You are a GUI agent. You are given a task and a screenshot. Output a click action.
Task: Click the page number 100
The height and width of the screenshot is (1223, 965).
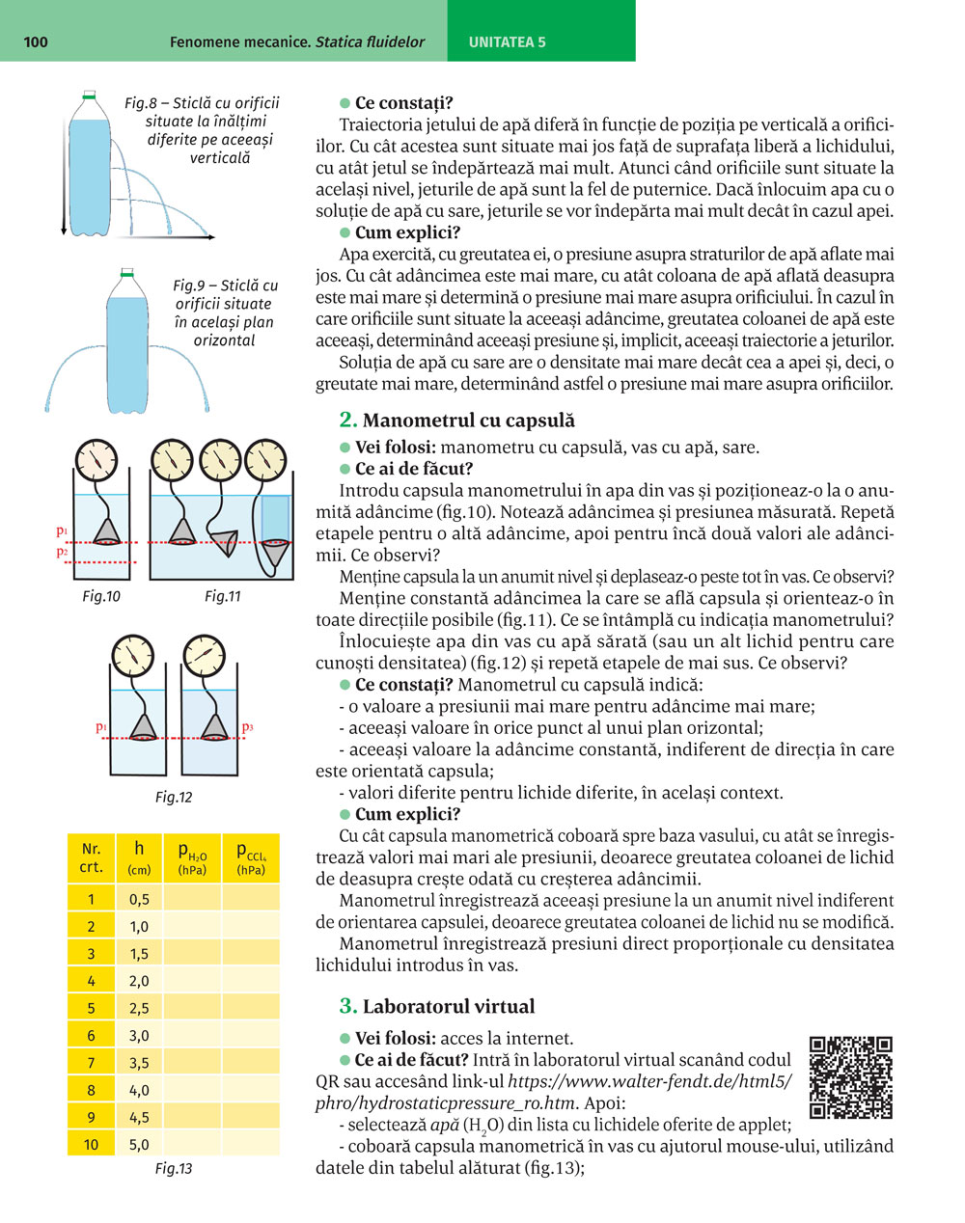click(x=34, y=41)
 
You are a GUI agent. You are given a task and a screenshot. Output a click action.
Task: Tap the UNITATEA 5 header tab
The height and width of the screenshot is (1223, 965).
click(x=507, y=41)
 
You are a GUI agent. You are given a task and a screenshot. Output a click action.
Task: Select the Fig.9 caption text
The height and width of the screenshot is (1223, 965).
click(x=225, y=313)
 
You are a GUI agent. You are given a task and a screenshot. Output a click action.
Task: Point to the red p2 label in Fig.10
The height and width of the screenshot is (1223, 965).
click(x=61, y=552)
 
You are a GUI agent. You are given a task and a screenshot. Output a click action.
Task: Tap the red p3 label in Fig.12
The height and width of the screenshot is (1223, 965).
click(x=248, y=726)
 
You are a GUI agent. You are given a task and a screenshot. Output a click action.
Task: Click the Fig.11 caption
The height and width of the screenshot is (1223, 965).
click(x=222, y=596)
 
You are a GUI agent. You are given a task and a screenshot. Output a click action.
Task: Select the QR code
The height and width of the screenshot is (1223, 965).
click(x=850, y=1077)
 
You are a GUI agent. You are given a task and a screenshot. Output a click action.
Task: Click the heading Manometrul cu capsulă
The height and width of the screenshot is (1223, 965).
click(x=468, y=420)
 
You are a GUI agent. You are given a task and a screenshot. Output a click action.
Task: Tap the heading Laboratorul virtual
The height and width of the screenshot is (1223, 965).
click(x=448, y=1006)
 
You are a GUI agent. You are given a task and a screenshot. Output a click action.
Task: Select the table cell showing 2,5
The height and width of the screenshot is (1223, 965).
click(x=139, y=1008)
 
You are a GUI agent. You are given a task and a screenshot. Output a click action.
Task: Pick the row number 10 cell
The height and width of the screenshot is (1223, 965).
click(x=91, y=1145)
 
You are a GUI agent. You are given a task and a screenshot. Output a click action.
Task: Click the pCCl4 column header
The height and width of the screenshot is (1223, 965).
click(x=251, y=856)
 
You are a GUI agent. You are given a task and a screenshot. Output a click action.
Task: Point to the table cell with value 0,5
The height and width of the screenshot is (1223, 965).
click(x=139, y=899)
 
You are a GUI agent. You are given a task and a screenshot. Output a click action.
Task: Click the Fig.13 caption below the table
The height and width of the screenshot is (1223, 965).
click(x=174, y=1169)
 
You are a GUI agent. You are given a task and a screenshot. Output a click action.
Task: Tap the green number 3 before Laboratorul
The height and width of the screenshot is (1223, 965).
click(x=348, y=1006)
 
